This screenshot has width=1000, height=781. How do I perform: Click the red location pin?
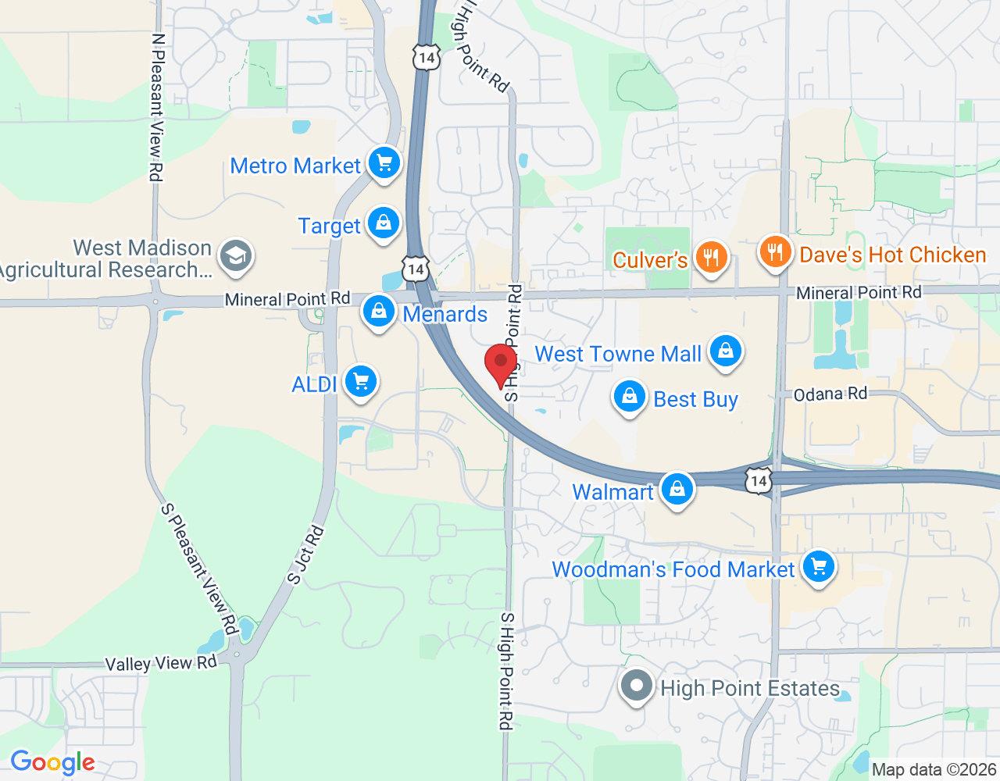coord(501,364)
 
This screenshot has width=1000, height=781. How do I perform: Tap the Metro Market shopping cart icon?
coord(384,163)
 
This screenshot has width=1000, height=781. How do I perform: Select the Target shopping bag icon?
coord(384,223)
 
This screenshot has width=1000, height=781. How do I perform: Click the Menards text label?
coord(445,314)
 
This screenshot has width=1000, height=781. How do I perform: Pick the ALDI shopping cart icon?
coord(361,382)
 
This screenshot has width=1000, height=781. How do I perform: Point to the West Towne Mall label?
coord(618,354)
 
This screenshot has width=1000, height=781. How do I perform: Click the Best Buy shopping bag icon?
coord(629,397)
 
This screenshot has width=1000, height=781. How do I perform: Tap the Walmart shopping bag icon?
coord(677,490)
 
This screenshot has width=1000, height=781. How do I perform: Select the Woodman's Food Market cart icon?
coord(819,567)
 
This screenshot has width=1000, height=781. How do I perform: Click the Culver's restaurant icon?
coord(711,257)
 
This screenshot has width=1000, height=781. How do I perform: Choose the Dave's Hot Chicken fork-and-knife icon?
coord(775,252)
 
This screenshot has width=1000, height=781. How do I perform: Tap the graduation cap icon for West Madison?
coord(235,256)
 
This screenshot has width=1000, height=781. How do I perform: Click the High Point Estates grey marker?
coord(637,686)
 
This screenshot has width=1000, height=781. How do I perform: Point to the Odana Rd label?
coord(830,394)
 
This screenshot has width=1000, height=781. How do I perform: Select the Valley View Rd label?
coord(161,663)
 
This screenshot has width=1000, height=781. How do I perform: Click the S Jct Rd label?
coord(305,556)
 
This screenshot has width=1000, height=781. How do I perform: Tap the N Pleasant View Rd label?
coord(157,107)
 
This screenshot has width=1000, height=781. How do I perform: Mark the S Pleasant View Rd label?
coord(198,568)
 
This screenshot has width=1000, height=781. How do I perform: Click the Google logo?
coord(53,762)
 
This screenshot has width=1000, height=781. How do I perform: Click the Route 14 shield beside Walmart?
coord(758,480)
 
